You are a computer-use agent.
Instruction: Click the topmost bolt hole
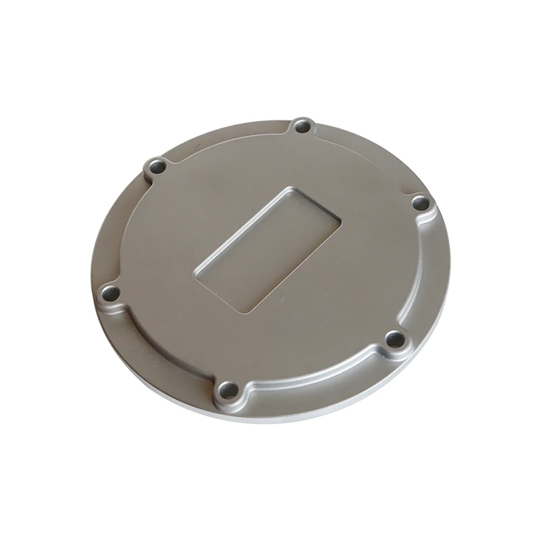(302, 126)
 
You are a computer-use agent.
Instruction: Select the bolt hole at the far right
(421, 202)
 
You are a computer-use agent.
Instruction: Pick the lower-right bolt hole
(394, 338)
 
